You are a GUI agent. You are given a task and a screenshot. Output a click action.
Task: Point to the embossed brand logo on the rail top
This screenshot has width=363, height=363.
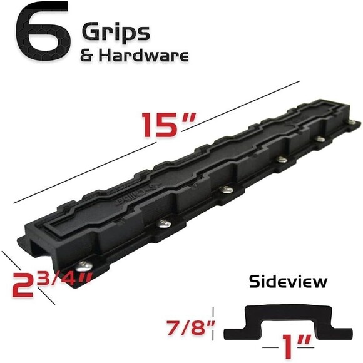[149, 192]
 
